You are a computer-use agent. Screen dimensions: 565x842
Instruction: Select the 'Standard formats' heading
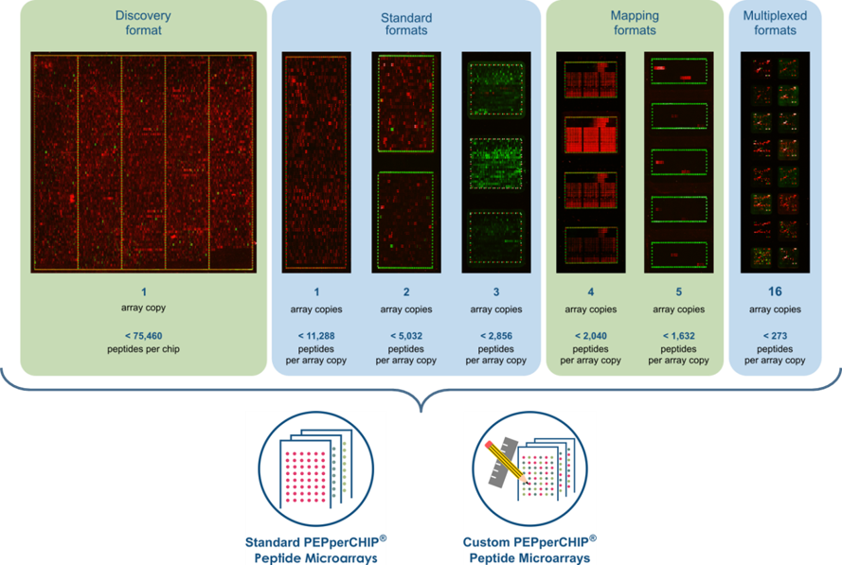(406, 24)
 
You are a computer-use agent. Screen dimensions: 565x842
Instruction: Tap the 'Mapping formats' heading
(634, 23)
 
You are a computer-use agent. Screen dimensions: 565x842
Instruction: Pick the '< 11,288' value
(316, 335)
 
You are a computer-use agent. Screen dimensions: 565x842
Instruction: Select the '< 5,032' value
(405, 335)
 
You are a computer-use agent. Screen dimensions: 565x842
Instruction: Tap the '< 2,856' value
(494, 335)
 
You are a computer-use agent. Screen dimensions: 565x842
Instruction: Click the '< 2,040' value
(590, 335)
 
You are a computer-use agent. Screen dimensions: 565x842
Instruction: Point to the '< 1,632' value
(677, 335)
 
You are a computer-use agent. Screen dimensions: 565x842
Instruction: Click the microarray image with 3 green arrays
(494, 162)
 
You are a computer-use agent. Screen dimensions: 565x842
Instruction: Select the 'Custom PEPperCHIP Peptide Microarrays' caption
(529, 550)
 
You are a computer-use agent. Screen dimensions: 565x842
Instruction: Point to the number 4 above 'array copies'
(590, 292)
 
